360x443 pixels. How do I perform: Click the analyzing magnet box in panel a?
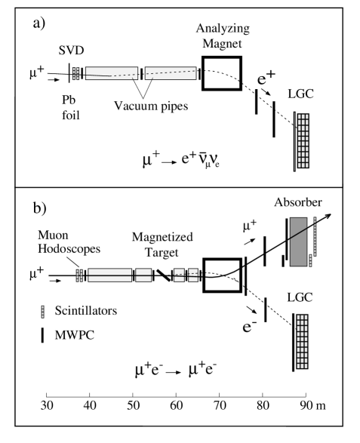point(202,73)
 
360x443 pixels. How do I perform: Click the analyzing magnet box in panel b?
point(204,275)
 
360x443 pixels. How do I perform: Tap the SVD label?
point(71,51)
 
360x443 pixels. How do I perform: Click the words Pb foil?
point(70,108)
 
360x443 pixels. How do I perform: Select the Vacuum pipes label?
point(151,106)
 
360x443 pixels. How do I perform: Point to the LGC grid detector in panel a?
point(303,141)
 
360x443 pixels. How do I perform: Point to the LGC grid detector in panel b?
point(302,342)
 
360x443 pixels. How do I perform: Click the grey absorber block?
point(298,241)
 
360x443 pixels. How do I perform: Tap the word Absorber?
point(298,202)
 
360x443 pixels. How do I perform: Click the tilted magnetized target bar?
point(164,275)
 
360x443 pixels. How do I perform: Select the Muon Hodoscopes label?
point(69,241)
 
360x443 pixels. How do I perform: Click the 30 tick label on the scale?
point(47,405)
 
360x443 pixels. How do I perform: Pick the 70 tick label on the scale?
point(220,405)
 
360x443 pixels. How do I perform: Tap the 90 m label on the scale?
point(312,405)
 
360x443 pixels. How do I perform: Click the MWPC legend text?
point(74,335)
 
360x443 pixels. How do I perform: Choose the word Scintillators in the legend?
point(86,310)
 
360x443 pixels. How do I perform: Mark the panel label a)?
point(39,23)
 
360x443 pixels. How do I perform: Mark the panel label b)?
point(39,208)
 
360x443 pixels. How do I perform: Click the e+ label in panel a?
point(266,78)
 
